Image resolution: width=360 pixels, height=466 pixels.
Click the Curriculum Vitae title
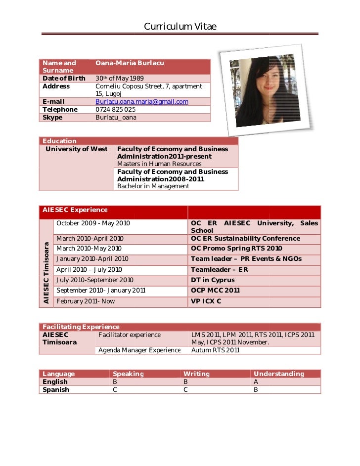pos(180,27)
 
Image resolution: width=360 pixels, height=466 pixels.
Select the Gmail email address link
pos(142,102)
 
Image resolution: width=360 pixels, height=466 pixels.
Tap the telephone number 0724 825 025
pos(115,110)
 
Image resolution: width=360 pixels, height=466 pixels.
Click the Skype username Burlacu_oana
pos(116,118)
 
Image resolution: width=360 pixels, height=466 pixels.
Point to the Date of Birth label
pos(64,79)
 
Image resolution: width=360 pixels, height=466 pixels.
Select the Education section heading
pos(60,141)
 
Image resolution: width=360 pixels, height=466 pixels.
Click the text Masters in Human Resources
pos(159,164)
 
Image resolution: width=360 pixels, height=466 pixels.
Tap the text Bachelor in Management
pos(153,186)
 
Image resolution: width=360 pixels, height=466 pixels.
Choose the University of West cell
pos(77,149)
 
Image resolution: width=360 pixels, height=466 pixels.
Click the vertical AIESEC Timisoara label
pos(46,272)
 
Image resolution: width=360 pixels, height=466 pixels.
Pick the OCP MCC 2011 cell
pos(215,291)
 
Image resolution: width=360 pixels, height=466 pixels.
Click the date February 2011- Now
pos(86,301)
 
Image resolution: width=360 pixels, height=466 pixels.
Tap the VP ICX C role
pos(206,301)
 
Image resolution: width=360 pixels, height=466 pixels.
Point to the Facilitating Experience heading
pos(81,327)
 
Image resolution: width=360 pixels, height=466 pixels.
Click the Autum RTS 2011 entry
pos(216,350)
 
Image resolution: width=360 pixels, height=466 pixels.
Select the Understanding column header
pos(278,374)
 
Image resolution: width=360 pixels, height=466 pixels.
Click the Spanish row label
pos(56,390)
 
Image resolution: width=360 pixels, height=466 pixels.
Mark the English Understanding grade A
pos(256,382)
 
